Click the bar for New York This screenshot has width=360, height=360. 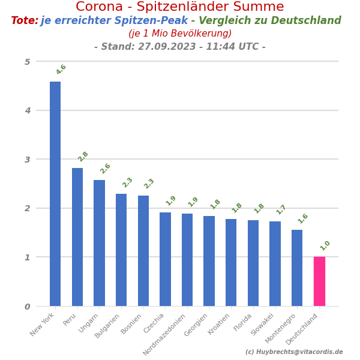pyautogui.click(x=55, y=194)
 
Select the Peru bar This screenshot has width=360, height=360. pyautogui.click(x=77, y=237)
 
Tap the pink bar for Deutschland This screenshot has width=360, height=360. pyautogui.click(x=319, y=281)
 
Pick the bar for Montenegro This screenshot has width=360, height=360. pyautogui.click(x=297, y=268)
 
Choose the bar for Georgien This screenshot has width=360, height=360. pyautogui.click(x=209, y=261)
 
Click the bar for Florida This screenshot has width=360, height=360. pyautogui.click(x=253, y=263)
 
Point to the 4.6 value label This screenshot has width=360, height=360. pyautogui.click(x=61, y=70)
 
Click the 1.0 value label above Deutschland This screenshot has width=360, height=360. pyautogui.click(x=325, y=245)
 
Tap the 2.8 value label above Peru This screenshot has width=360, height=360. pyautogui.click(x=83, y=157)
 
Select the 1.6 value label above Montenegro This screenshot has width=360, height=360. pyautogui.click(x=302, y=218)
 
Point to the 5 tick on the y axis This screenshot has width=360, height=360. pyautogui.click(x=27, y=62)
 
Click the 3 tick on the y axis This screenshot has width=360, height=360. pyautogui.click(x=27, y=160)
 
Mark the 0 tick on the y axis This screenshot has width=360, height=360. pyautogui.click(x=27, y=307)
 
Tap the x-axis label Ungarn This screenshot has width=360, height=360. pyautogui.click(x=89, y=323)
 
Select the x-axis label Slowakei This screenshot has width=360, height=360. pyautogui.click(x=263, y=324)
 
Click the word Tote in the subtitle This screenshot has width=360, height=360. pyautogui.click(x=24, y=21)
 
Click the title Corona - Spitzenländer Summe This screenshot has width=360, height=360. pyautogui.click(x=180, y=7)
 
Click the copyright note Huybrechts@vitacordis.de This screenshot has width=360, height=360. pyautogui.click(x=294, y=352)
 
